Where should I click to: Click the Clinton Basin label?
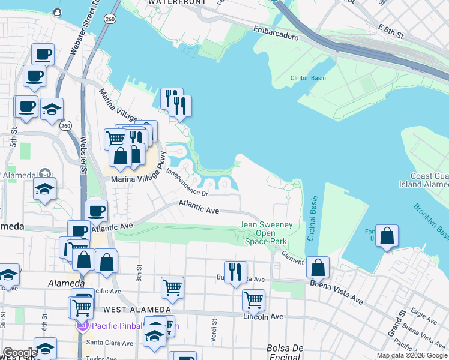[308, 78]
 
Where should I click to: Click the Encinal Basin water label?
[312, 219]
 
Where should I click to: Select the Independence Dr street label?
[187, 184]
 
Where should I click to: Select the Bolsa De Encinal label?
[286, 352]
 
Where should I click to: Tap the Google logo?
[20, 353]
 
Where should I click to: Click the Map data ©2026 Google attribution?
[412, 355]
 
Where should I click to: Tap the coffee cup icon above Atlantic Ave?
[97, 211]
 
